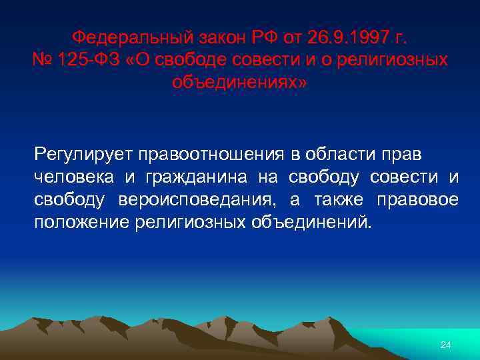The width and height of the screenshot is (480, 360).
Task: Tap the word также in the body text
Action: (335, 199)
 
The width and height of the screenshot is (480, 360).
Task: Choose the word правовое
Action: (417, 199)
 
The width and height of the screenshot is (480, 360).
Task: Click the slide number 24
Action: (446, 345)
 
